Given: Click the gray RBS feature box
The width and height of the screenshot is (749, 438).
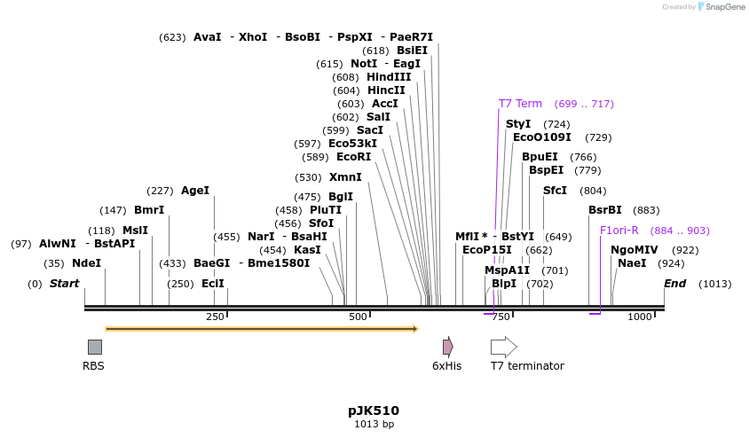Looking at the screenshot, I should [x=94, y=347].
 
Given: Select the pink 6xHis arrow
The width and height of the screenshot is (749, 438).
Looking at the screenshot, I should [x=448, y=347].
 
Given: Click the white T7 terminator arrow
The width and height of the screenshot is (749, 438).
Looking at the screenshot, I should [x=503, y=347].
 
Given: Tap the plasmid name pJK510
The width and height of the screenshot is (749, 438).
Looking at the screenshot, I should [x=374, y=411].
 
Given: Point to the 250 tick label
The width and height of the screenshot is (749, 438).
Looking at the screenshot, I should [x=215, y=317].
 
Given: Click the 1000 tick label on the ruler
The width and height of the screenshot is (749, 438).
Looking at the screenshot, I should [x=639, y=317].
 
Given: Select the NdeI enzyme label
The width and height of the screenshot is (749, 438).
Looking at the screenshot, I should [x=87, y=263].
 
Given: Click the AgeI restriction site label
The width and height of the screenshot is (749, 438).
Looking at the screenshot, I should [x=195, y=191].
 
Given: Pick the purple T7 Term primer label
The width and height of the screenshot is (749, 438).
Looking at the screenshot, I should [x=520, y=104].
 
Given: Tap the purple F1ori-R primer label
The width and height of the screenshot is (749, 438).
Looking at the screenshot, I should [x=619, y=231].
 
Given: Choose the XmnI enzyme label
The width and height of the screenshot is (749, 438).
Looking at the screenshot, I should [x=345, y=177].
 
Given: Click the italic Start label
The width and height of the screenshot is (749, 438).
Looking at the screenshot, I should [x=64, y=284].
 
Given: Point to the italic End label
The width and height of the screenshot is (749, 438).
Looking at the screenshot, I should [x=674, y=284].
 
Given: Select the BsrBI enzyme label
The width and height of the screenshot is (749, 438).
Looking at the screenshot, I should [x=605, y=210].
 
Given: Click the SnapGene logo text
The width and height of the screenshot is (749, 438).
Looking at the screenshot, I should [x=724, y=7].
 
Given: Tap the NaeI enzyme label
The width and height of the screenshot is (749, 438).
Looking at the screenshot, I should [x=632, y=263].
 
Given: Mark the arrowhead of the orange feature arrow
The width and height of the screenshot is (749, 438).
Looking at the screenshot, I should [x=414, y=329].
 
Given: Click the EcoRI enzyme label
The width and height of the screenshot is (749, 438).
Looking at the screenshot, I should [x=353, y=157].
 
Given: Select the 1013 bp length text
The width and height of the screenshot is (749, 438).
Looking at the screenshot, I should [x=374, y=425].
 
